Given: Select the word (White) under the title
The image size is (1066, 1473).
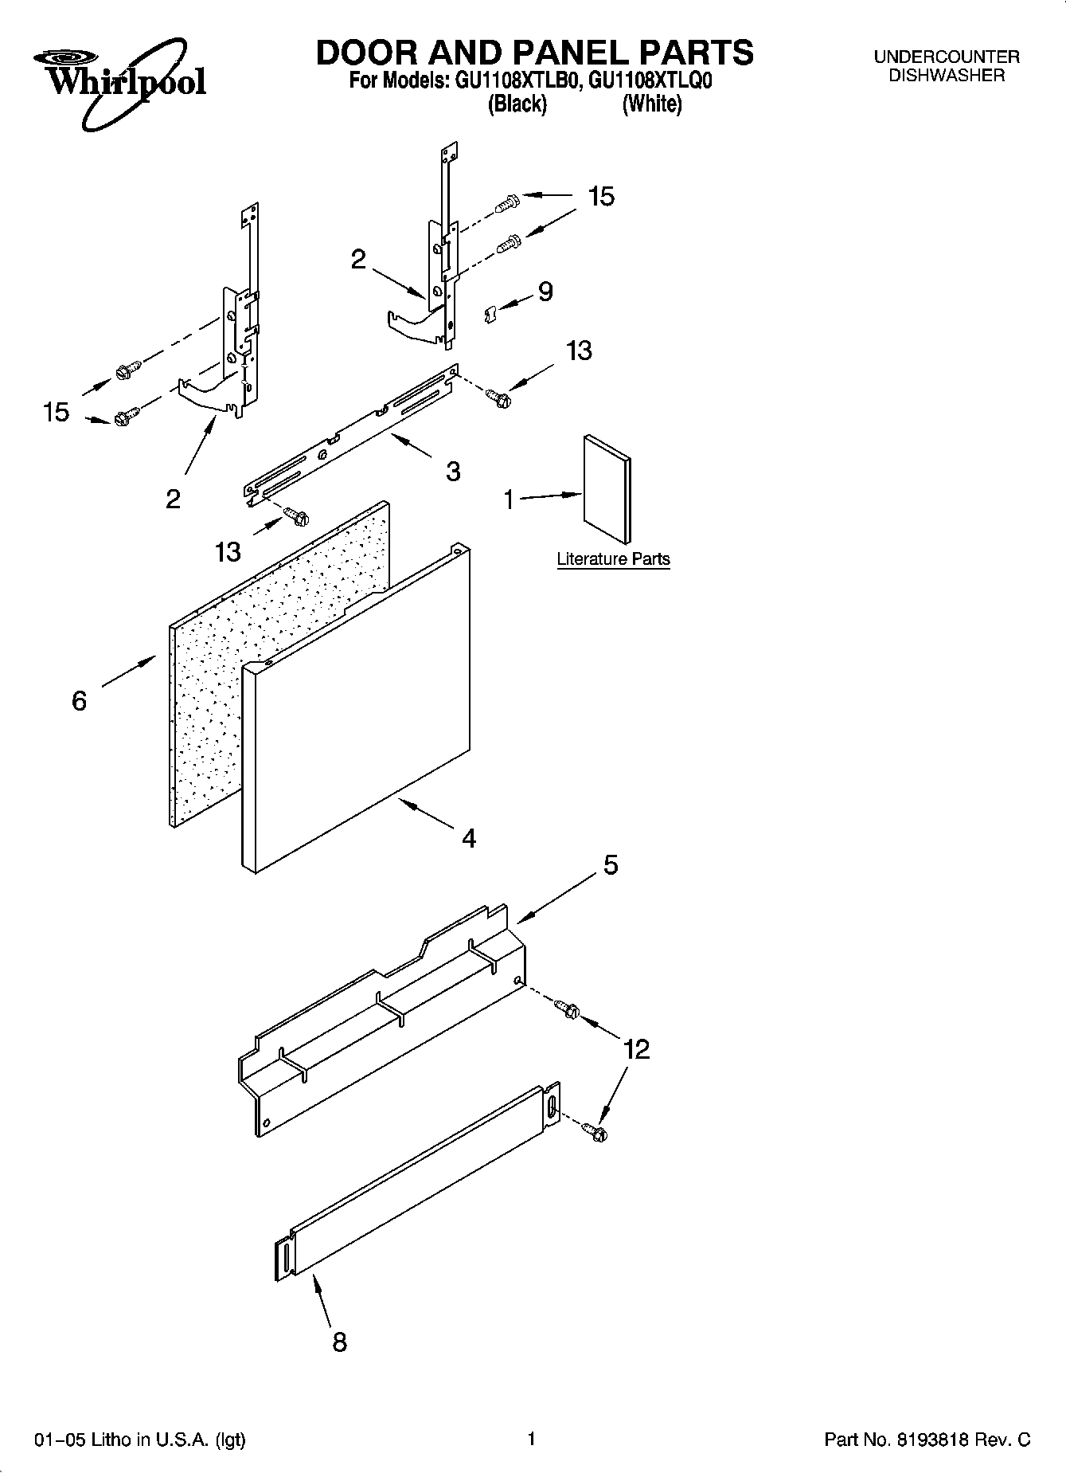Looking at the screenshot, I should [651, 104].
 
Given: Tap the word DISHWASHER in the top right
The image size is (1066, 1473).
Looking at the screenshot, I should [946, 76].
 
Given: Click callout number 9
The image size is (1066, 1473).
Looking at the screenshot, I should [545, 292].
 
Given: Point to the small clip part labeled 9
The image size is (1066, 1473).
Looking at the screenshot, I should [491, 314].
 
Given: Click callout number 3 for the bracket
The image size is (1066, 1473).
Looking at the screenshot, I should [452, 471].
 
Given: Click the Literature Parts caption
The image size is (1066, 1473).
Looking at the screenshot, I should [613, 559].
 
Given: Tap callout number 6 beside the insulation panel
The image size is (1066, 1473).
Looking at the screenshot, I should [79, 700].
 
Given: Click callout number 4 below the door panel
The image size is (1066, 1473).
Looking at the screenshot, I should [469, 837].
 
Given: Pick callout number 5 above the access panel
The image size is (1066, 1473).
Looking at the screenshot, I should [610, 864].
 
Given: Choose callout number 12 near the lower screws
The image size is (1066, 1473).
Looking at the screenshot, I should [637, 1049].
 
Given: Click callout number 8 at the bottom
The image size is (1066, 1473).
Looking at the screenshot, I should [339, 1342].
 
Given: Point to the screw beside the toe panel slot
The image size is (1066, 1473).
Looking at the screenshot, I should [594, 1130].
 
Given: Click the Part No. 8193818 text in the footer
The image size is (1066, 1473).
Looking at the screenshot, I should [927, 1440].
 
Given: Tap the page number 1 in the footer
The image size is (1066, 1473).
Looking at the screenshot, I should [532, 1438].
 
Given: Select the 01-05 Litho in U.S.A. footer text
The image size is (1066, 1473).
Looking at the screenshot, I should [139, 1440].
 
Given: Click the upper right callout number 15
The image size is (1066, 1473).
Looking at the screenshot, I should [601, 196].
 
